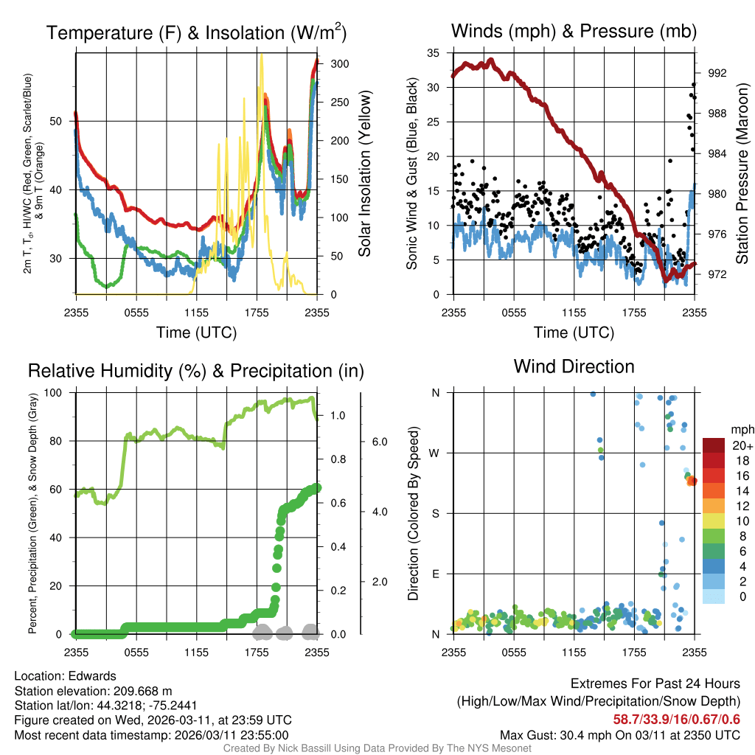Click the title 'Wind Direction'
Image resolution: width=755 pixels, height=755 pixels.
(574, 366)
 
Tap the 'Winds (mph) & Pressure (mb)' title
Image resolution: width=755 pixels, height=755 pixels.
(574, 32)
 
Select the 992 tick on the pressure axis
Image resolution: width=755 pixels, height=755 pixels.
(717, 73)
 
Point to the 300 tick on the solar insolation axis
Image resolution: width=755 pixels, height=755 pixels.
(339, 64)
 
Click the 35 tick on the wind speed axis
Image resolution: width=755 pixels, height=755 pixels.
(434, 52)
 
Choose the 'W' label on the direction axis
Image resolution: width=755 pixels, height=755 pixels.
(435, 453)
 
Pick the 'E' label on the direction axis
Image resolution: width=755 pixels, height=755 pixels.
(435, 574)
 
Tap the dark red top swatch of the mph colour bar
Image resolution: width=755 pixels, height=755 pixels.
(714, 445)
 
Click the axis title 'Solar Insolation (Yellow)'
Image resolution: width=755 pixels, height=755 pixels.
(364, 173)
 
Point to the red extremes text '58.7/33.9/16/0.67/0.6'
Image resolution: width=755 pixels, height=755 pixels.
(676, 720)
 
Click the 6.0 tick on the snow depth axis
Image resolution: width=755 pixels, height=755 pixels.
(378, 442)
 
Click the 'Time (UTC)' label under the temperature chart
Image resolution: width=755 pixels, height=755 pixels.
(196, 333)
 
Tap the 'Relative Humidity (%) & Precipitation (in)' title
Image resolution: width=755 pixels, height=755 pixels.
(195, 371)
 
